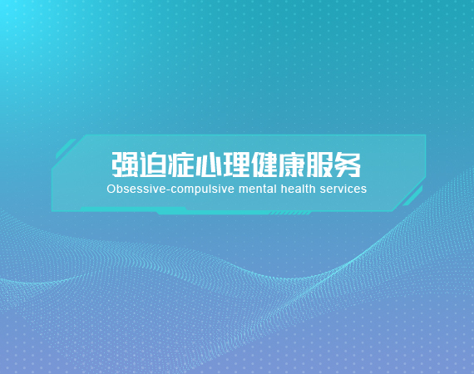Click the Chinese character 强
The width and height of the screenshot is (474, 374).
pos(125,165)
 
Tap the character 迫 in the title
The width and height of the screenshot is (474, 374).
pos(153,165)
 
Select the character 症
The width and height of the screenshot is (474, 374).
pos(180,165)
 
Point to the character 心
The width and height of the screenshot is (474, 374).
pos(208,165)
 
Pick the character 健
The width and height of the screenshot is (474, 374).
pos(264,165)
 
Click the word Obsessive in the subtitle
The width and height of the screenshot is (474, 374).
pos(136,189)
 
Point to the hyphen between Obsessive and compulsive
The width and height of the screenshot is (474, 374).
pos(168,190)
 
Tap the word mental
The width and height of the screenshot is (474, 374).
pos(258,189)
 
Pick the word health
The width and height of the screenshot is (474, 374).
pos(299,189)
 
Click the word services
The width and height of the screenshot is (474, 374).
pos(343,189)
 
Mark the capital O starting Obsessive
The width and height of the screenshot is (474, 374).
pos(111,189)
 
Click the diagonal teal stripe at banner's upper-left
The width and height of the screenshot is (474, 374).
pos(66,149)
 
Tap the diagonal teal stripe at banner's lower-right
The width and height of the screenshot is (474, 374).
pos(413,196)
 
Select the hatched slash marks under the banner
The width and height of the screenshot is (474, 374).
pos(290,214)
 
